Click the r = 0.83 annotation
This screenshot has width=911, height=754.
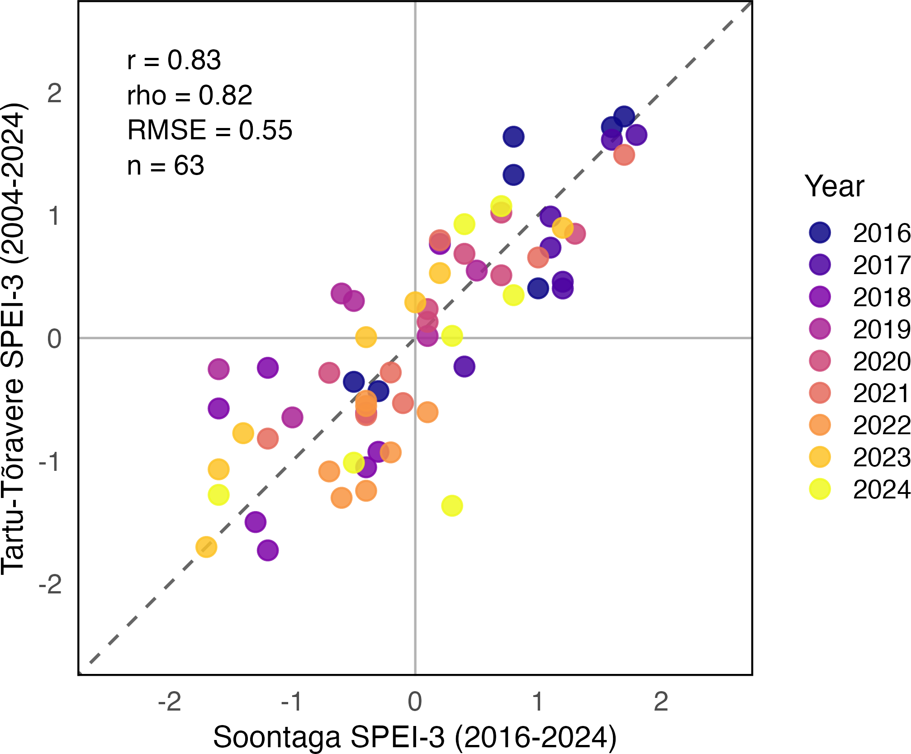point(174,60)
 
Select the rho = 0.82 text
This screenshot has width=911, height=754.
point(190,95)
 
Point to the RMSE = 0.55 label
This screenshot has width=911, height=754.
point(210,130)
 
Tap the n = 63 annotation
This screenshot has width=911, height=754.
point(166,166)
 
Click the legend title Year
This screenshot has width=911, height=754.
point(834,186)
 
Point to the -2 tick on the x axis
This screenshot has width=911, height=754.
point(170,702)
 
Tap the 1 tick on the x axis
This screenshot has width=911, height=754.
point(537,702)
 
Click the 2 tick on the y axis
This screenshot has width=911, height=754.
point(54,94)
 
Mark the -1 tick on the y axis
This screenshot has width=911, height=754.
point(50,462)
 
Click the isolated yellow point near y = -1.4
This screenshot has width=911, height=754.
point(452,505)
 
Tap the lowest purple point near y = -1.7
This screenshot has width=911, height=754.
point(268,550)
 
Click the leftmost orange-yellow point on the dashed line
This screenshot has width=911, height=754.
point(206,547)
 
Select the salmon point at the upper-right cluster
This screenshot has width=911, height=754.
point(624,155)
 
